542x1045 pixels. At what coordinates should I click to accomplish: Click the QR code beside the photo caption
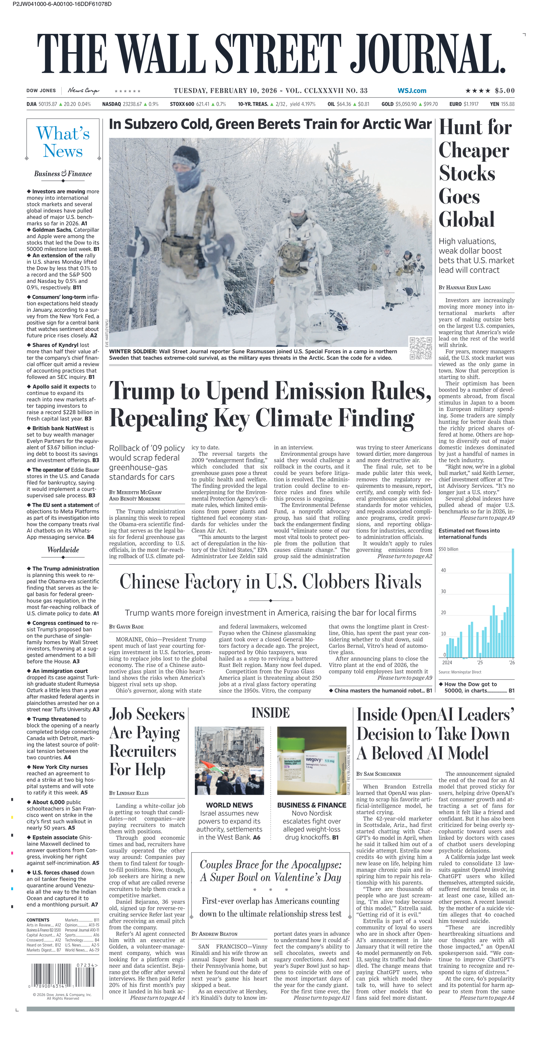click(x=420, y=348)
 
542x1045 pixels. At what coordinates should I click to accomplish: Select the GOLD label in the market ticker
click(x=387, y=104)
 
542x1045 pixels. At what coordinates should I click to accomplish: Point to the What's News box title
click(x=63, y=142)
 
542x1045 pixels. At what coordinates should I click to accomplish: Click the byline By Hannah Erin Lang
click(x=464, y=287)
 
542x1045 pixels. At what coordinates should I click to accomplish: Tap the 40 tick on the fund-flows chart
click(x=443, y=570)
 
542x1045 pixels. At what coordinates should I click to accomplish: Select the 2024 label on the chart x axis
click(x=447, y=663)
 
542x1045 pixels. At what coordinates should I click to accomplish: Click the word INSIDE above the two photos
click(x=270, y=713)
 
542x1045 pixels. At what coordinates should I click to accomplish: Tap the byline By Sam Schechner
click(x=378, y=774)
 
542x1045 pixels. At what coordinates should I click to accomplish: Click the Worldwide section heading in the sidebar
click(x=63, y=550)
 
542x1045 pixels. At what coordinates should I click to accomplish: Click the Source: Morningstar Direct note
click(x=460, y=672)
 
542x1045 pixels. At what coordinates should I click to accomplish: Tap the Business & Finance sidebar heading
click(x=63, y=174)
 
